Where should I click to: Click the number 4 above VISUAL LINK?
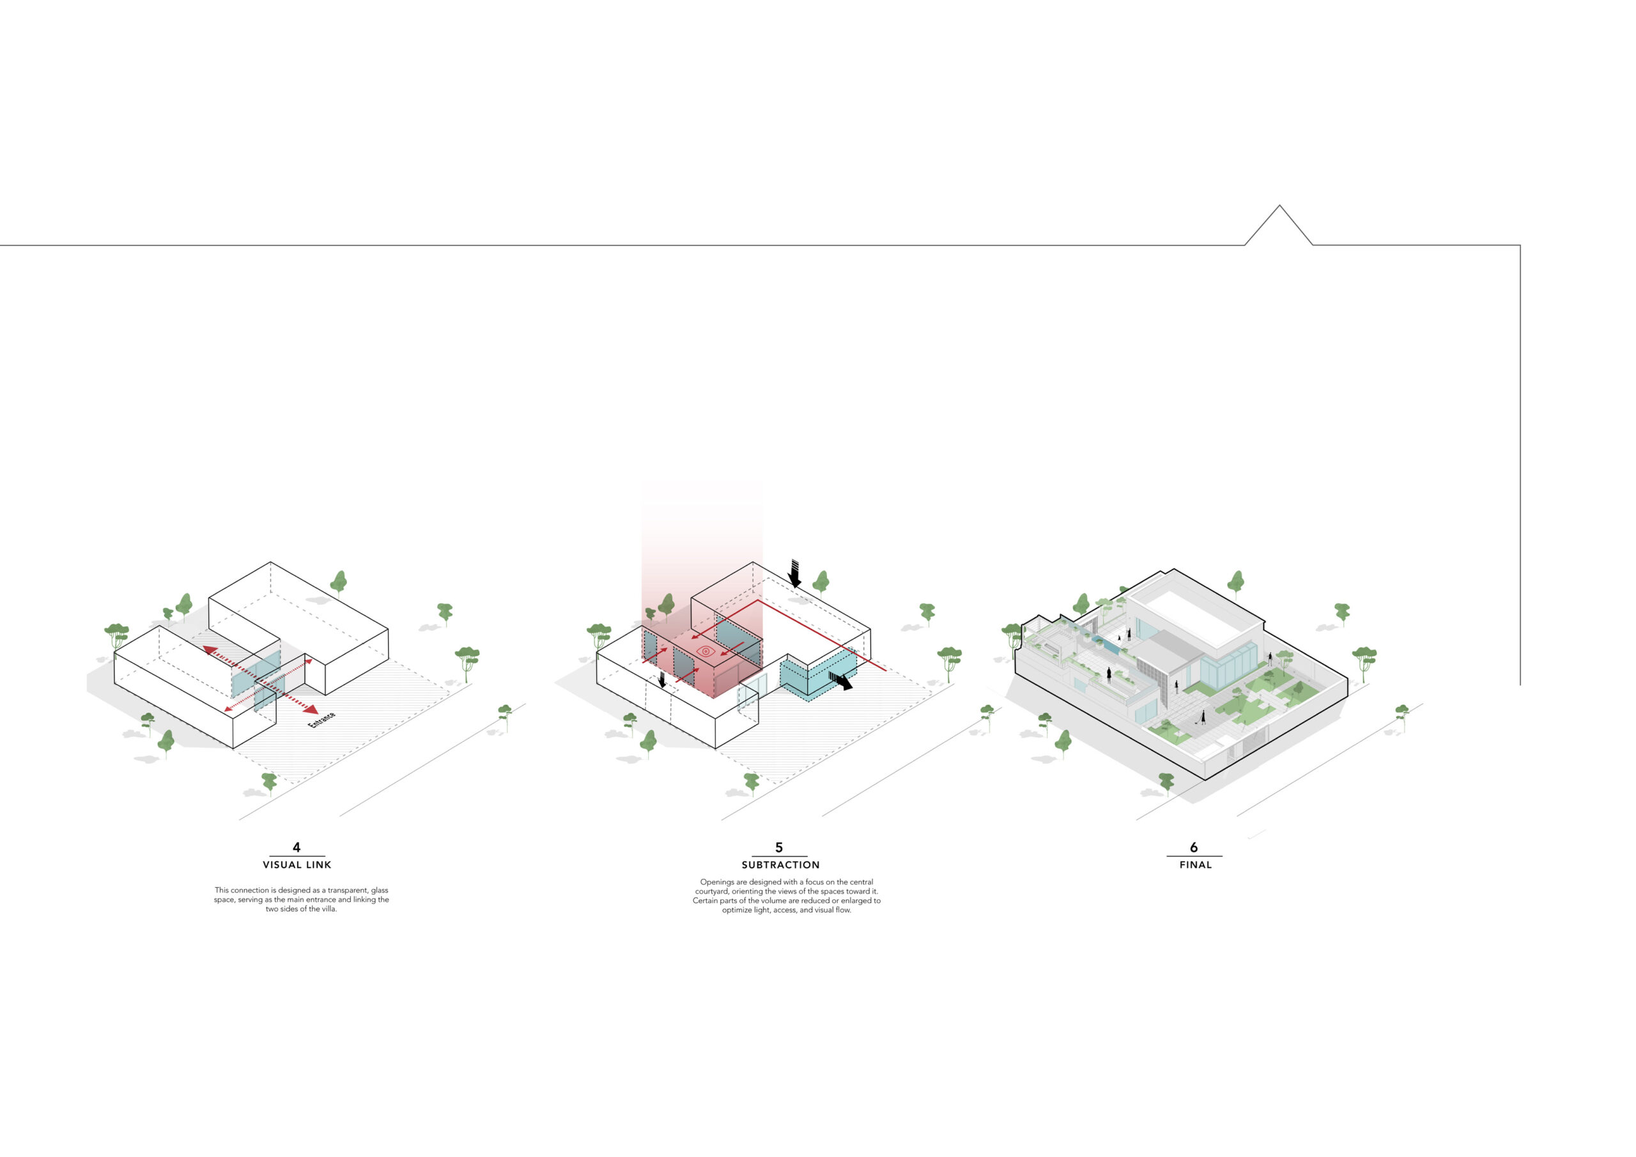(x=297, y=847)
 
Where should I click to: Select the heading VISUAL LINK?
(x=297, y=865)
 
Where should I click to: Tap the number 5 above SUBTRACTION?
(x=779, y=847)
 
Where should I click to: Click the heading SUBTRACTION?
(x=780, y=865)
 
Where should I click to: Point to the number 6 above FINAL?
(x=1194, y=847)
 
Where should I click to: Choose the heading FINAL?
(x=1195, y=865)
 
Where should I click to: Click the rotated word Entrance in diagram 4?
(x=321, y=719)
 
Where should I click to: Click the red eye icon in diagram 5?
(x=705, y=651)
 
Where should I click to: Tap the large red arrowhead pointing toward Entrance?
(x=311, y=710)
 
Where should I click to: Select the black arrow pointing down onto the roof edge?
(x=794, y=573)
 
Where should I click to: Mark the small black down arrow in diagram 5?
(x=662, y=680)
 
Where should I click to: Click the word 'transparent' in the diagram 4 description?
(x=347, y=890)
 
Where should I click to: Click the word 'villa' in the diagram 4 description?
(x=328, y=909)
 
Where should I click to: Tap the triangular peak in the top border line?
(x=1279, y=206)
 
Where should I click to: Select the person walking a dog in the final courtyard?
(x=1202, y=718)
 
